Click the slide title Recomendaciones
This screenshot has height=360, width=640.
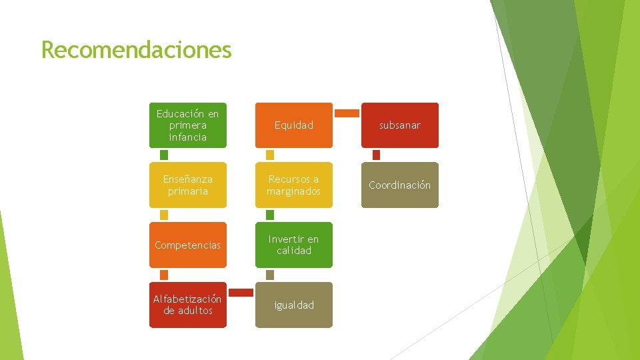(136, 49)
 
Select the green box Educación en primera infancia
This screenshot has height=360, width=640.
(187, 125)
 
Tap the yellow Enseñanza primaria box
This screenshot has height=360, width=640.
(187, 185)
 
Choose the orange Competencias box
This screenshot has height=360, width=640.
(187, 245)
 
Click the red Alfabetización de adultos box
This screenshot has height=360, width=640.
(187, 305)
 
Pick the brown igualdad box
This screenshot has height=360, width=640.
(293, 305)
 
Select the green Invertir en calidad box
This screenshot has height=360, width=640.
(293, 245)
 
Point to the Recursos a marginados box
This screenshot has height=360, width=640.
(293, 185)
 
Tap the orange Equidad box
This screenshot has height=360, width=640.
(293, 125)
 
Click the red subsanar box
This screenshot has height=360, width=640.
(400, 125)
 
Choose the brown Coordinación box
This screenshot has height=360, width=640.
(400, 185)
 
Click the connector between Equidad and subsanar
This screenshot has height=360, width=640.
(347, 113)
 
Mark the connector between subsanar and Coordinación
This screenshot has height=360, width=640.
(376, 155)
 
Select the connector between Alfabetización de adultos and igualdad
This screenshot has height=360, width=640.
(241, 292)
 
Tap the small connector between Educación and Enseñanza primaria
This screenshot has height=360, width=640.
(164, 155)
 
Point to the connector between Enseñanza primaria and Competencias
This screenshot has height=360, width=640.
(164, 215)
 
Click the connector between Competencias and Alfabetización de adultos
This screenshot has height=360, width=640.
(164, 275)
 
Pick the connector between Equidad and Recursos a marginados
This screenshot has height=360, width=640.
(270, 155)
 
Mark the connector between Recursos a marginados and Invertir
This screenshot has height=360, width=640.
(270, 215)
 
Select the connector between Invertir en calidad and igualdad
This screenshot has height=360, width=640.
(270, 275)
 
